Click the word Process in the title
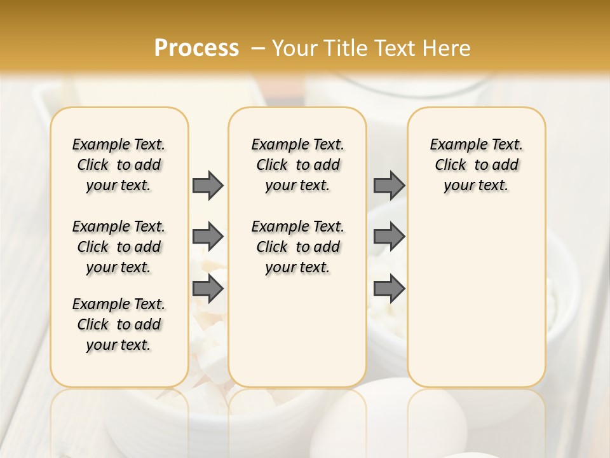[x=196, y=48]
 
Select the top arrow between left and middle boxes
[x=208, y=185]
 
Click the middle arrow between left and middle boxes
[x=208, y=237]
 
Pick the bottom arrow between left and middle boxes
[x=208, y=289]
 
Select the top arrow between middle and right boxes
[x=389, y=185]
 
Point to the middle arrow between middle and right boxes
[x=389, y=237]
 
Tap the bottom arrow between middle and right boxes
[x=389, y=289]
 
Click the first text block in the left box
[x=119, y=165]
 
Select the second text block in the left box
[x=119, y=247]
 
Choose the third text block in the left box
[x=119, y=324]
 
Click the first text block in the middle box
[x=298, y=165]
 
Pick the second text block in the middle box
[x=298, y=247]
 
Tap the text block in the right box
[x=477, y=165]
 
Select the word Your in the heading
[x=295, y=48]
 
